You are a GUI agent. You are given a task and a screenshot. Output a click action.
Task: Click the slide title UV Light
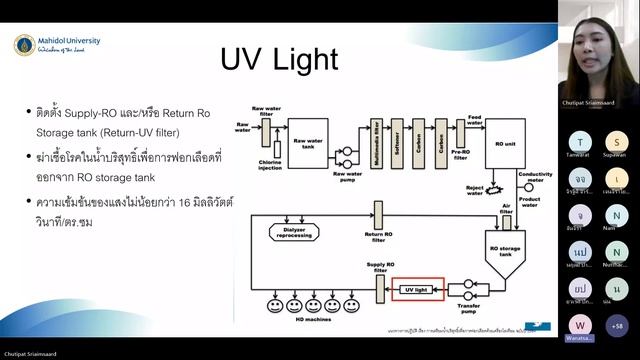(279, 60)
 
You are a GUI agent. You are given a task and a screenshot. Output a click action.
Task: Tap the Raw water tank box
(308, 133)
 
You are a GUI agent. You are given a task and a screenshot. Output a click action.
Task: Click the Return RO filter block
(379, 214)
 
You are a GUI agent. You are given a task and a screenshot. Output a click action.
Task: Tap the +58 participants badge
(617, 325)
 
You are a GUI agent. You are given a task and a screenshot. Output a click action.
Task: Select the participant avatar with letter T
(581, 142)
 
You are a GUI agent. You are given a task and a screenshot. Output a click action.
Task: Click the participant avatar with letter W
(580, 325)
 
